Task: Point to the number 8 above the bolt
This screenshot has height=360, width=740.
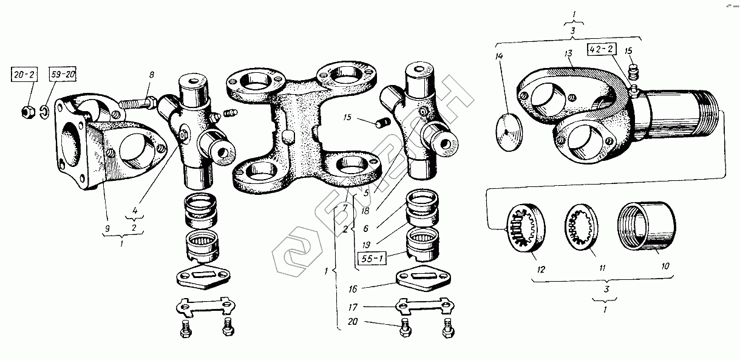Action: pyautogui.click(x=152, y=75)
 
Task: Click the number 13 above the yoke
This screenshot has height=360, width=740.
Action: pyautogui.click(x=568, y=54)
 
